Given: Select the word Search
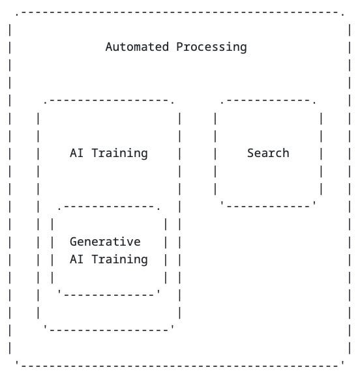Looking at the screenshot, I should click(x=268, y=153).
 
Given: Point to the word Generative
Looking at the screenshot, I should click(x=105, y=242).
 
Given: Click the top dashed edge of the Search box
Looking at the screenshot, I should click(x=268, y=101).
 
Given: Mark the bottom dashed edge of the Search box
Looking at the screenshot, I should click(x=268, y=206).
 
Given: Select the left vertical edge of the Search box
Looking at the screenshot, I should click(x=215, y=153).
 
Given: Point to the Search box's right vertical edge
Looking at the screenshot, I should click(x=321, y=153).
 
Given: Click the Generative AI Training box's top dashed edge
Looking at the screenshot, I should click(x=108, y=207).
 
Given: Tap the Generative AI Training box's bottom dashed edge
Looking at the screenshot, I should click(x=108, y=294).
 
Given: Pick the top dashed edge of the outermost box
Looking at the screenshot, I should click(x=179, y=12).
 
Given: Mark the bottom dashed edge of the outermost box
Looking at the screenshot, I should click(x=179, y=365).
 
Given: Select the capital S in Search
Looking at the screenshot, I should click(x=250, y=153).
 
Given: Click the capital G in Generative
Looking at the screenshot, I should click(x=74, y=242).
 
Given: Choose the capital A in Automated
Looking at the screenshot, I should click(x=109, y=47).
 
